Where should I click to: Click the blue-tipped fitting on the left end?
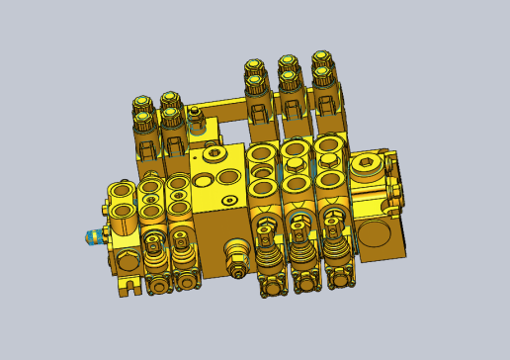[93, 236]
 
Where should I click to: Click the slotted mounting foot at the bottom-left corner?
[125, 287]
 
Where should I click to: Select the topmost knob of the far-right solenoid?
[322, 59]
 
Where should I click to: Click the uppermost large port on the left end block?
[123, 190]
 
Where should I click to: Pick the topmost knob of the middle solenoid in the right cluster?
[289, 63]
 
